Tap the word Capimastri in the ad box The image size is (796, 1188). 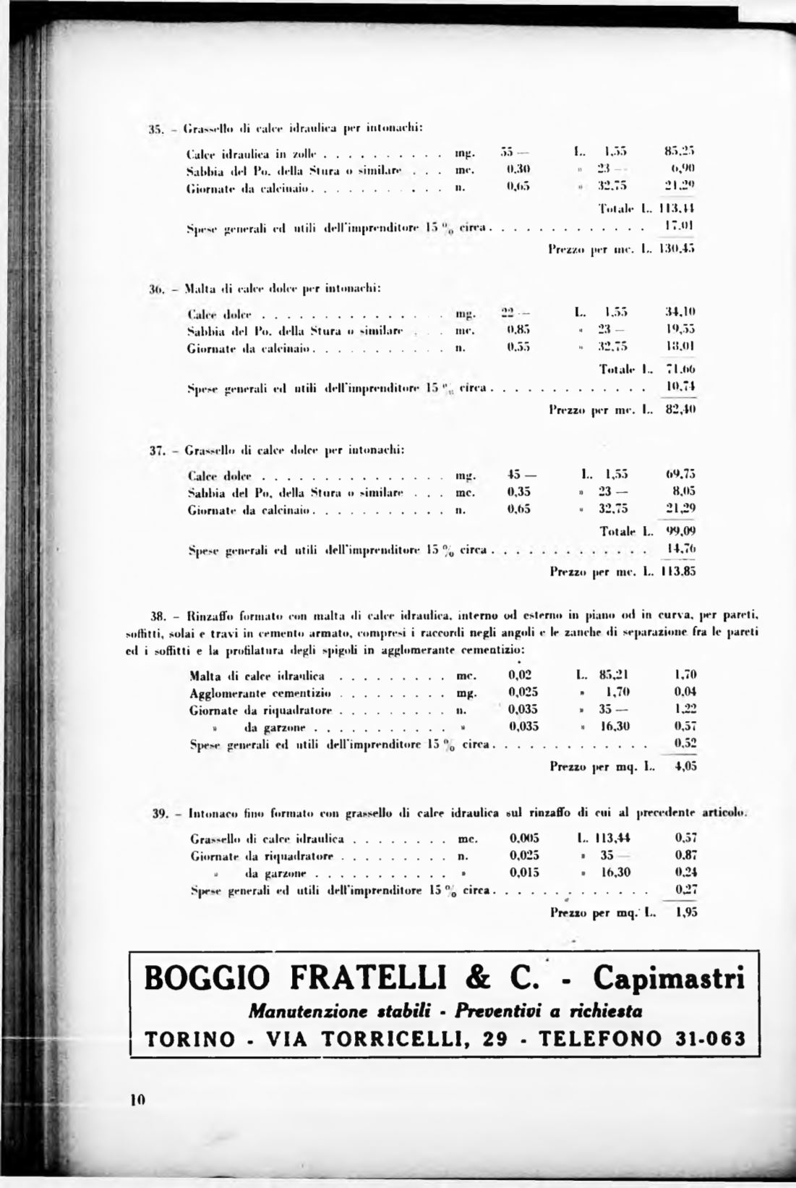668,979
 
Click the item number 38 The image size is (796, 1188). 159,616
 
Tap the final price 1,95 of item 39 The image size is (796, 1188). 686,912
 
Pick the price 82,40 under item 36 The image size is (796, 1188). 680,410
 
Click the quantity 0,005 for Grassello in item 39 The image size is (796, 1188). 524,839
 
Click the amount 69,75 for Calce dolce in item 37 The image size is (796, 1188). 680,475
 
